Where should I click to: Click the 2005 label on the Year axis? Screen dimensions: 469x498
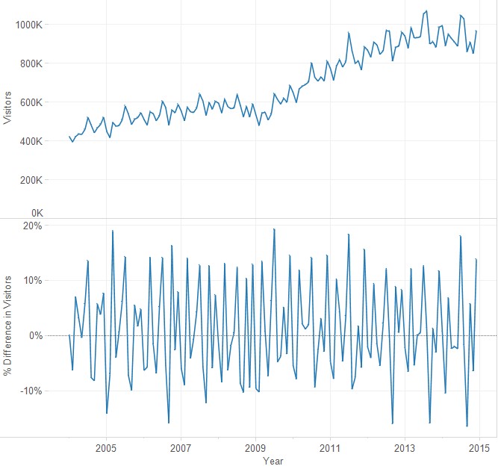[x=106, y=448]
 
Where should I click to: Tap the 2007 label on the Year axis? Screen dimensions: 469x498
[x=181, y=448]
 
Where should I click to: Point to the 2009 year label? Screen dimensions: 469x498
[x=255, y=448]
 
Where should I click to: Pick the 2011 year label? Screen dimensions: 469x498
[x=330, y=448]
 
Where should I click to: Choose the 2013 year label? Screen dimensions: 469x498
[x=405, y=448]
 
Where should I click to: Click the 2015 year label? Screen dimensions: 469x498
[x=479, y=448]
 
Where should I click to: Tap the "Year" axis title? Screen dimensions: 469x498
[x=273, y=462]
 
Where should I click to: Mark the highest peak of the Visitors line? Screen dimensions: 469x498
[x=426, y=11]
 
